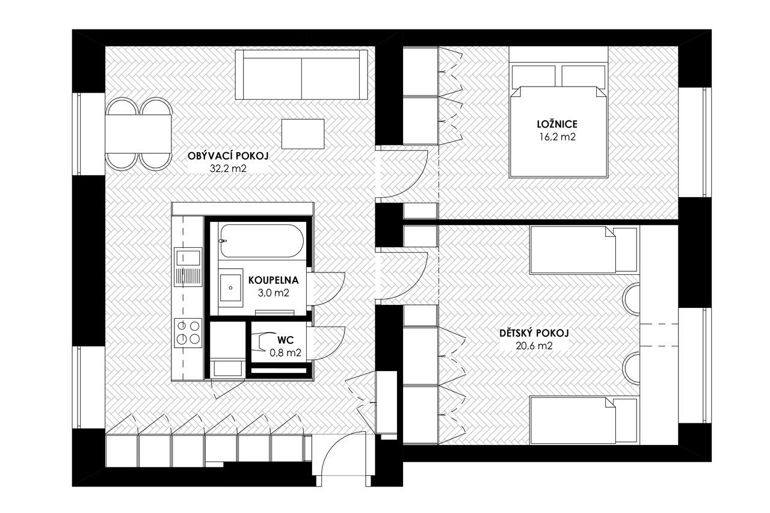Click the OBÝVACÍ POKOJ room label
228,156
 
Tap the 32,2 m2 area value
228,168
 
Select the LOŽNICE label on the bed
557,124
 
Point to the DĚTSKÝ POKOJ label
534,333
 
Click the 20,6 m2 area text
534,346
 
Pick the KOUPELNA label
273,280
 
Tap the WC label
286,340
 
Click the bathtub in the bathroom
262,241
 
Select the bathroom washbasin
230,287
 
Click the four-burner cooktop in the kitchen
188,333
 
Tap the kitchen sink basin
188,257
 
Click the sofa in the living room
301,75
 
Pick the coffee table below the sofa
303,134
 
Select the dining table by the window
138,134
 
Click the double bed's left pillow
534,76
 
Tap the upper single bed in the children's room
584,250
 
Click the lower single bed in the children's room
584,420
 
